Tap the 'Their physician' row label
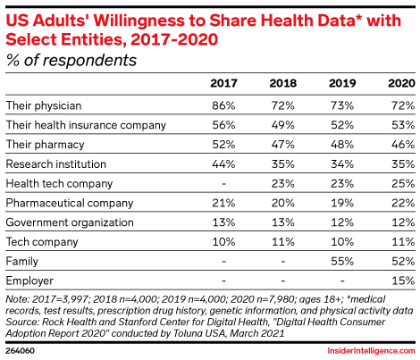(42, 105)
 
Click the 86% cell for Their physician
(223, 105)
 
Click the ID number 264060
(21, 351)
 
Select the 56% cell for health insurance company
(223, 125)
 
